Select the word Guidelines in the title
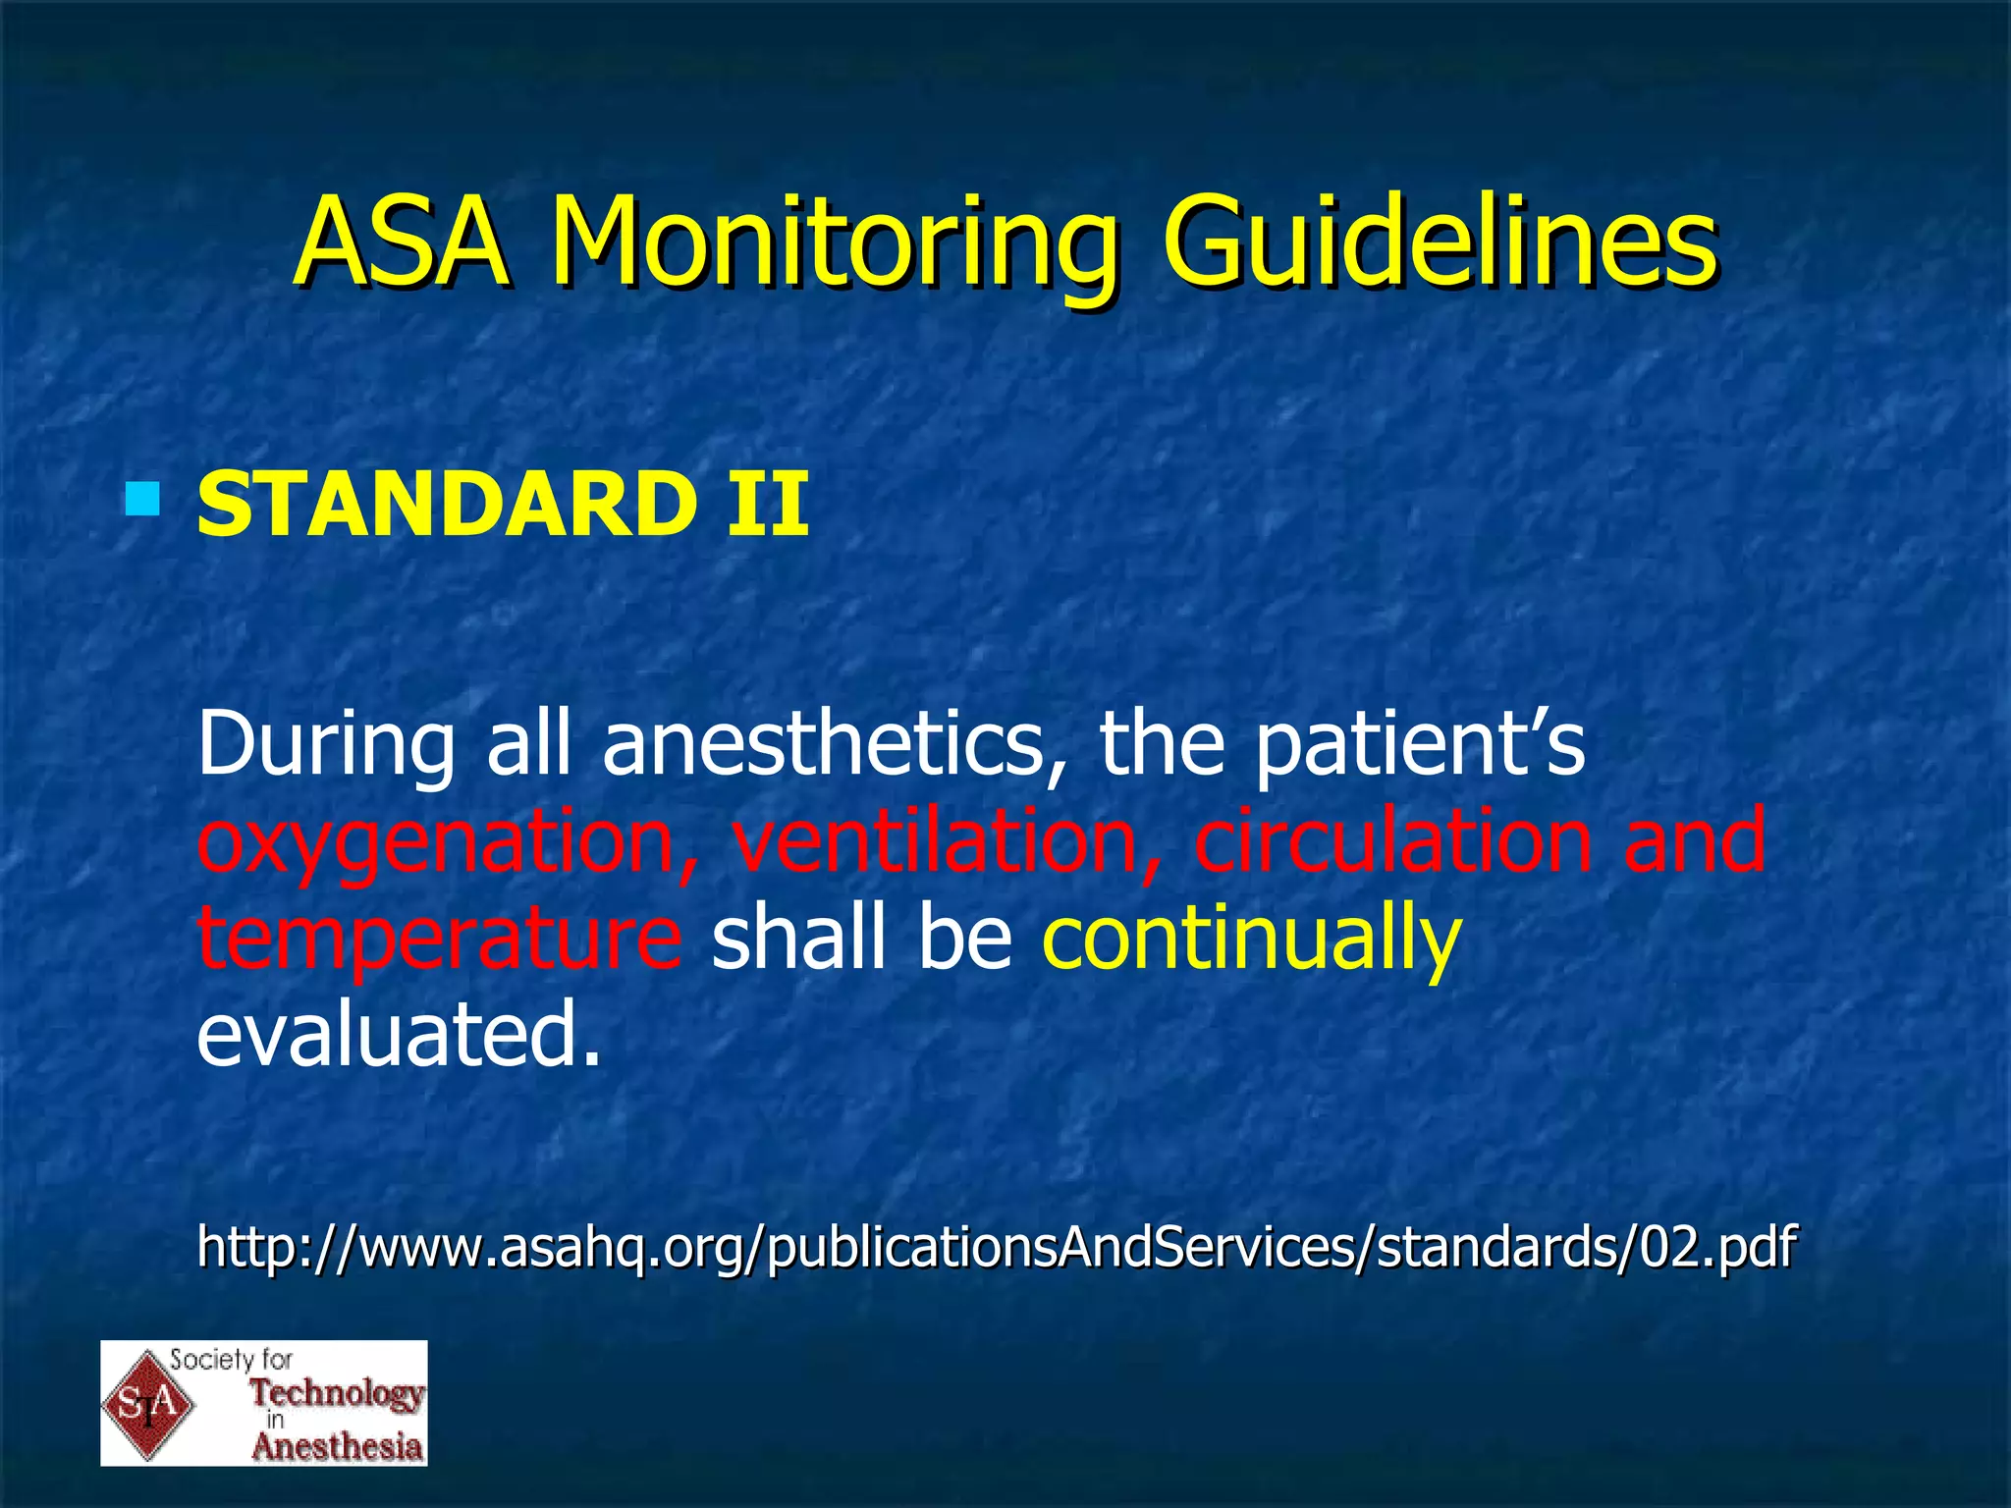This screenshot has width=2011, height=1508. point(1439,243)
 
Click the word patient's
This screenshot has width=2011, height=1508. point(1420,744)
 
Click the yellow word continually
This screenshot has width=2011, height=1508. point(1251,939)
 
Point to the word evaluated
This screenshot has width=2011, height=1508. point(398,1035)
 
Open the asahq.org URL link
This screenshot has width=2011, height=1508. point(996,1248)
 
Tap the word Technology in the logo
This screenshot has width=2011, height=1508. point(337,1392)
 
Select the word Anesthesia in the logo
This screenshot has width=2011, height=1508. point(337,1446)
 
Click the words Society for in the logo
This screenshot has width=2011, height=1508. point(232,1360)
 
